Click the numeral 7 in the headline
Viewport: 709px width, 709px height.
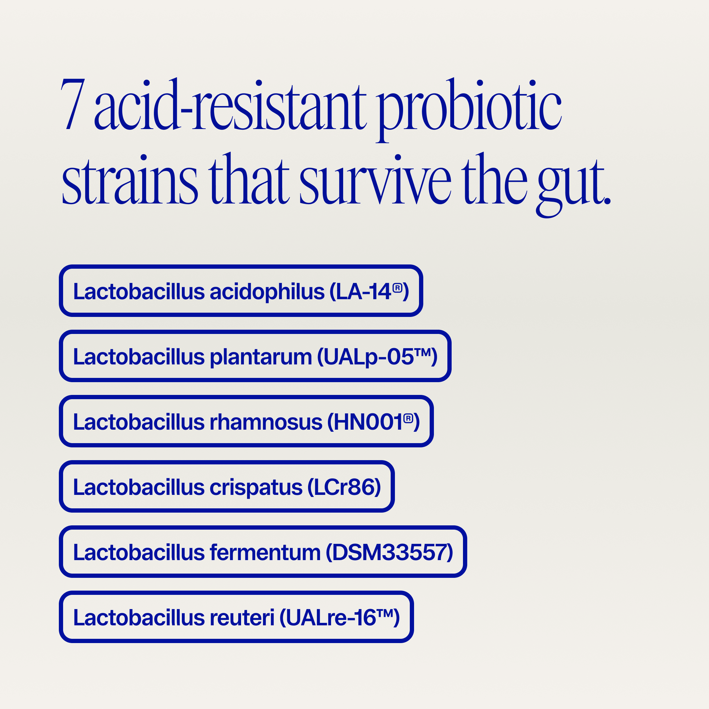click(73, 105)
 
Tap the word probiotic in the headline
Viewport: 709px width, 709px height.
click(469, 106)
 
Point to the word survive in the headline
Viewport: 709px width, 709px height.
click(375, 180)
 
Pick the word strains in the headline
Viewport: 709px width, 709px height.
click(130, 180)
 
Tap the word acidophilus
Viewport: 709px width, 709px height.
click(267, 292)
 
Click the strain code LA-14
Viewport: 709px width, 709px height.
click(363, 292)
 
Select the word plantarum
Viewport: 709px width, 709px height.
click(261, 357)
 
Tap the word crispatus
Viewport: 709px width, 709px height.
click(256, 487)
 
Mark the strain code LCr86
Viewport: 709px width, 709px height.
click(344, 487)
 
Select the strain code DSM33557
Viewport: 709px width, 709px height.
click(389, 552)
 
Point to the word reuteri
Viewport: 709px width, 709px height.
click(242, 618)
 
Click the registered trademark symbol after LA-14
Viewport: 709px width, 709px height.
click(397, 288)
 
